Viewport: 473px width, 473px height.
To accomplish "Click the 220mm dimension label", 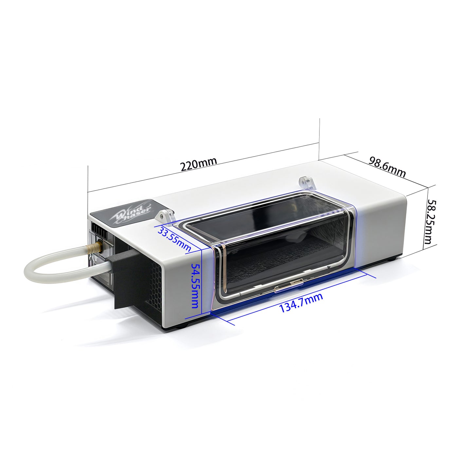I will pyautogui.click(x=199, y=164).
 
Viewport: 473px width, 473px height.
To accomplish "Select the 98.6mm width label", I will pyautogui.click(x=387, y=167).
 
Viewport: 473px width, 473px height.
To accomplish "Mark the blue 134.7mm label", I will pyautogui.click(x=300, y=303).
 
